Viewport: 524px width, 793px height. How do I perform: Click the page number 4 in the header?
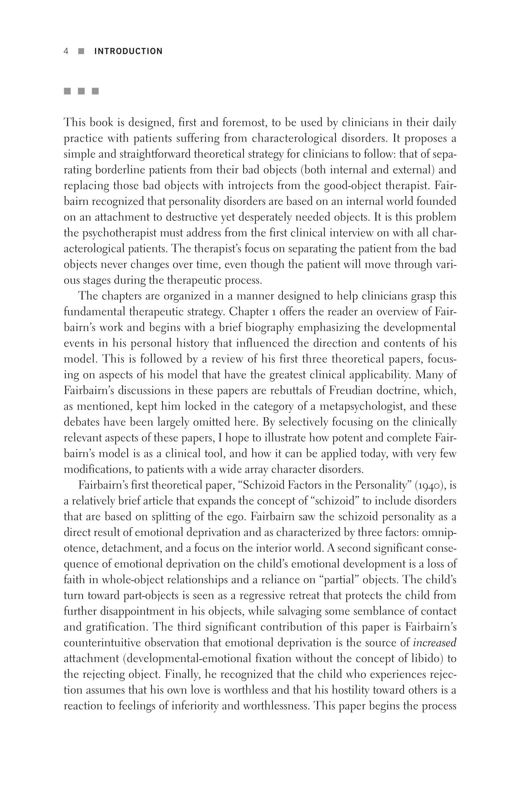66,51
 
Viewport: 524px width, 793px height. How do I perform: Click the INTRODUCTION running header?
128,51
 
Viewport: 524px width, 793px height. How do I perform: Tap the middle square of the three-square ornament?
81,91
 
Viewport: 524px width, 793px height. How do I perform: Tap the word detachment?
126,548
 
